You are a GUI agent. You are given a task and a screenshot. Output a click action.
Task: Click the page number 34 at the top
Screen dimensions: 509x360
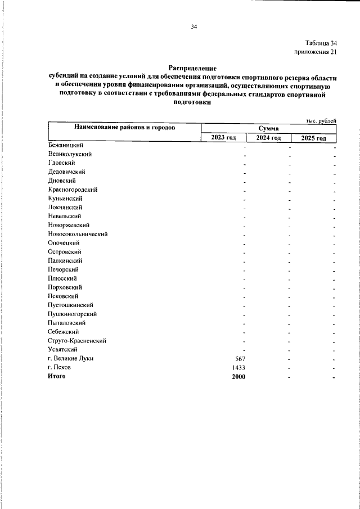tap(194, 26)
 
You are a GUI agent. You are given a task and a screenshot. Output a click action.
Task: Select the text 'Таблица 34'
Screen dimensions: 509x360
tap(321, 43)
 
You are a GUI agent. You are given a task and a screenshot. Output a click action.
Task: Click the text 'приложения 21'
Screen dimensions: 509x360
tap(316, 52)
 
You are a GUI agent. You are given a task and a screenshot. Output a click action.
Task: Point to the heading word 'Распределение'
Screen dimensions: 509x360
tap(192, 68)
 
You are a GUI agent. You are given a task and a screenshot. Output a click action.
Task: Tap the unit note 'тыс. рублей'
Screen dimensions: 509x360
tap(321, 121)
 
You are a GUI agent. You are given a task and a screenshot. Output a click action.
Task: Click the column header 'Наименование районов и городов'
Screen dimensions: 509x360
tap(124, 128)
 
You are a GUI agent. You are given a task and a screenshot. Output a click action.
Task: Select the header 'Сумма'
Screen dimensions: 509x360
tap(268, 129)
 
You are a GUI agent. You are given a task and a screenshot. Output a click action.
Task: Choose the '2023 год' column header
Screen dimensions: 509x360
tap(223, 138)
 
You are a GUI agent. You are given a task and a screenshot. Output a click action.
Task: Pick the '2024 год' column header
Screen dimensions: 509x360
tap(268, 138)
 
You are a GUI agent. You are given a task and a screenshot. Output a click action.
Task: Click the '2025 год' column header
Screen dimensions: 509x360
tap(313, 138)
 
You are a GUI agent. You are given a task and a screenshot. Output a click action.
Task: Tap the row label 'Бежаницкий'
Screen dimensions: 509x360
tap(66, 145)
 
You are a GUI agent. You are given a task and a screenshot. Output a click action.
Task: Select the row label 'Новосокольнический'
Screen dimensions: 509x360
tap(78, 234)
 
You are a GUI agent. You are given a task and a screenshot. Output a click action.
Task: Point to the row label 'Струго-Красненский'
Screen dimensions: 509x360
tap(77, 341)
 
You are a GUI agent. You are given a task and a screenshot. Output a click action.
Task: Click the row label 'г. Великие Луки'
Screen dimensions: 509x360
tap(70, 358)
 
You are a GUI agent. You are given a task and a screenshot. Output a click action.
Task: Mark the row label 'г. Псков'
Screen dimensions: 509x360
tap(59, 367)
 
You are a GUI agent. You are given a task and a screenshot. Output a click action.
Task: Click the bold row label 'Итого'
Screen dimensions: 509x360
tap(57, 376)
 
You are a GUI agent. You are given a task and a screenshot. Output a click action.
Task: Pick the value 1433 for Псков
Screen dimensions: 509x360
tap(238, 367)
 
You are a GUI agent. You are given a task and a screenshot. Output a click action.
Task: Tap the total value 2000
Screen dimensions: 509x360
tap(238, 376)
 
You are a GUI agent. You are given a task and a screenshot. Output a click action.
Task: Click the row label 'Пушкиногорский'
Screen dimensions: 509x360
tap(73, 314)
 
